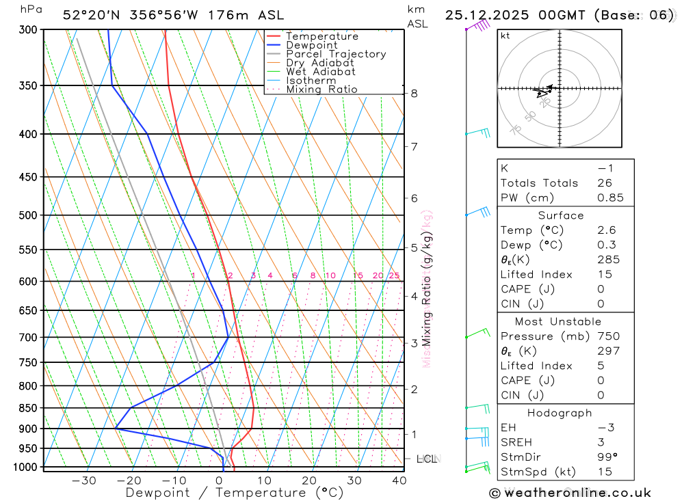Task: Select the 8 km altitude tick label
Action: pos(414,93)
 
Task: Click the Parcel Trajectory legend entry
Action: pos(336,54)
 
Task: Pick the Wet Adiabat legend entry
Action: pos(321,72)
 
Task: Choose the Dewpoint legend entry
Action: pos(312,45)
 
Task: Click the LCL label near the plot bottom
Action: pos(427,459)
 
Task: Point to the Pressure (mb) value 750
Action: pos(608,336)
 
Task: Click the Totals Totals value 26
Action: pos(604,183)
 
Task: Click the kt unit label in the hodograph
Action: pos(505,36)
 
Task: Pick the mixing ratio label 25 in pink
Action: pos(394,275)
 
